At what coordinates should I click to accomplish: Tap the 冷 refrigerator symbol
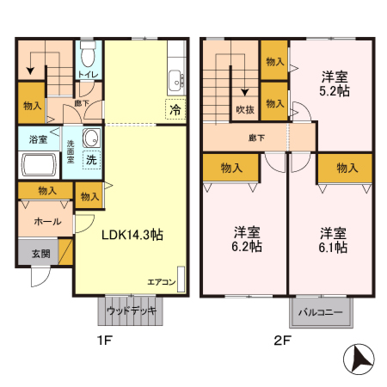175,109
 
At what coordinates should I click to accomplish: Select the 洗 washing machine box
90,158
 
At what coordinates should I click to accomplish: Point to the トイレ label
87,75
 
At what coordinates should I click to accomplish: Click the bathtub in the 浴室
37,164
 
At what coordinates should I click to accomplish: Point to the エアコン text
161,281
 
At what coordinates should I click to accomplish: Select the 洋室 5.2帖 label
331,81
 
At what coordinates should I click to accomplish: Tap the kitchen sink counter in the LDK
175,78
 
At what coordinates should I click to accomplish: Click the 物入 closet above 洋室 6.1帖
346,168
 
